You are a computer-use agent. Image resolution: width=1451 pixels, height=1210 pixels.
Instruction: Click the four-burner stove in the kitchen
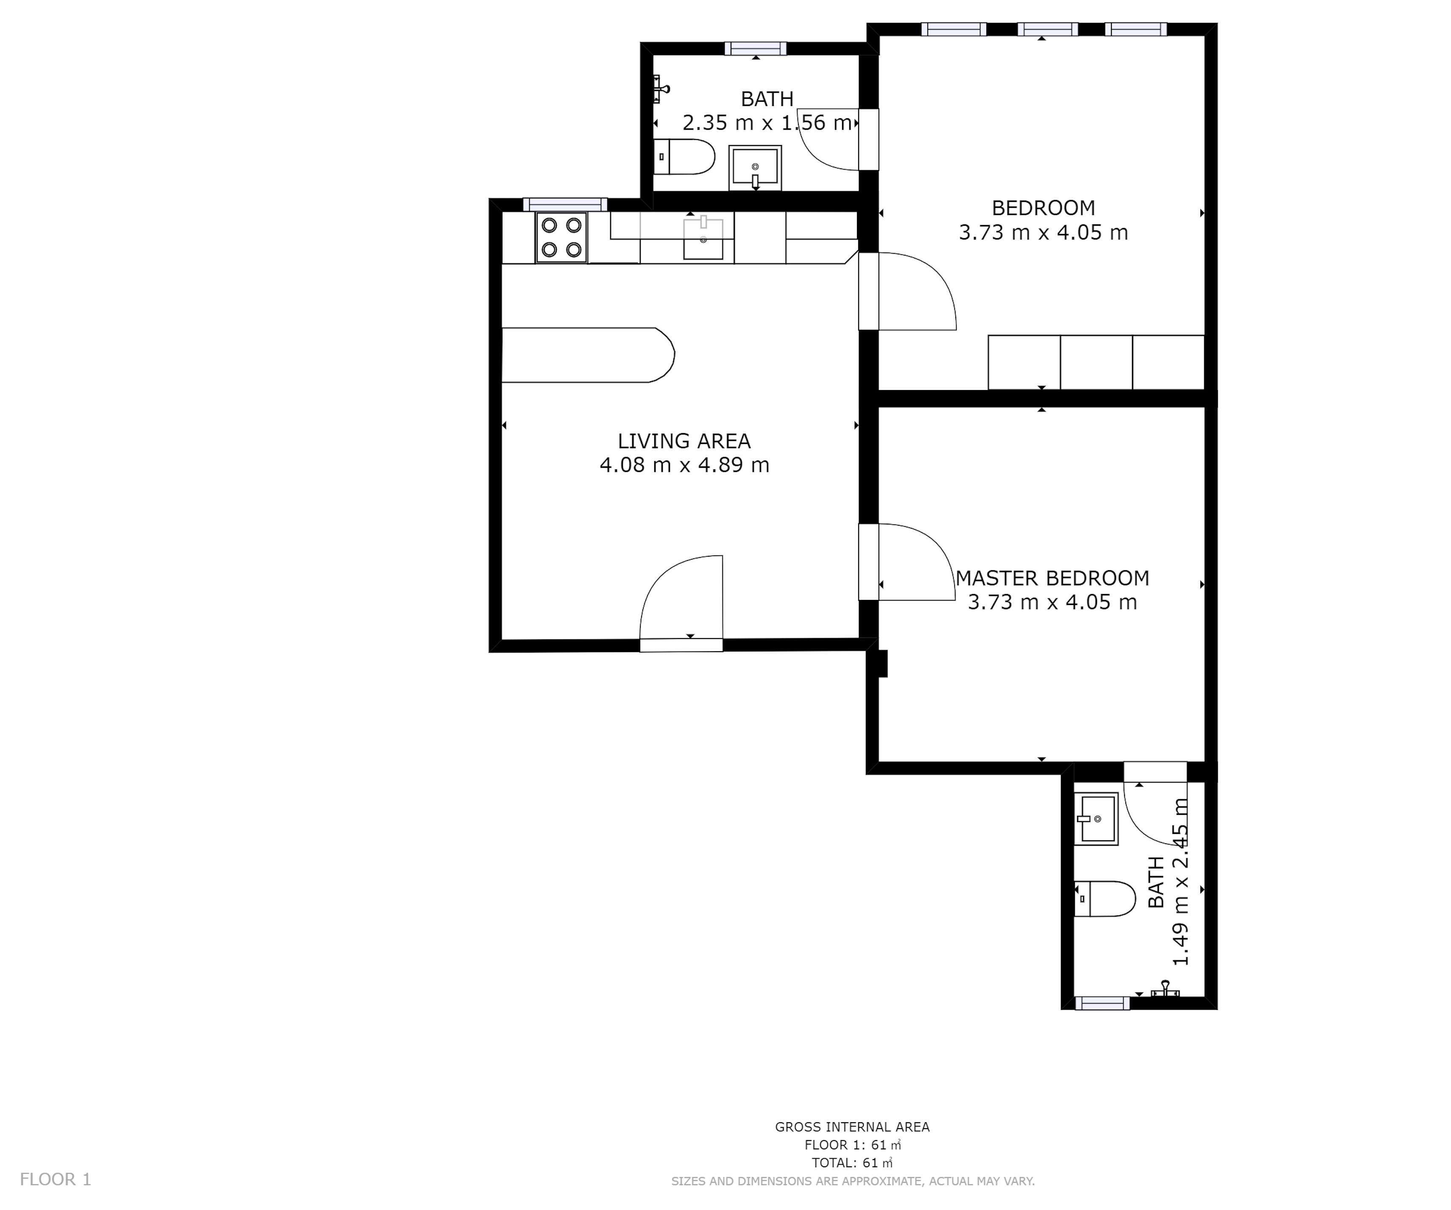coord(561,237)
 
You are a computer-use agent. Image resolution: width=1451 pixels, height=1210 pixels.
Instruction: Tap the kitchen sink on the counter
coord(703,238)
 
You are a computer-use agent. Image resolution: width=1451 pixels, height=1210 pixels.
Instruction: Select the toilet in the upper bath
coord(684,157)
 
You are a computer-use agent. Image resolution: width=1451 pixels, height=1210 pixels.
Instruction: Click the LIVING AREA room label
coord(684,441)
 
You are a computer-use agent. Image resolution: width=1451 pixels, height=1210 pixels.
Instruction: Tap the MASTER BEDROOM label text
coord(1052,578)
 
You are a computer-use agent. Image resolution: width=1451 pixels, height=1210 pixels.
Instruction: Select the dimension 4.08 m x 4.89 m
coord(684,465)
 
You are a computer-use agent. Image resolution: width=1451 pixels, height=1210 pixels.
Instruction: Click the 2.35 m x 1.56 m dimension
coord(767,123)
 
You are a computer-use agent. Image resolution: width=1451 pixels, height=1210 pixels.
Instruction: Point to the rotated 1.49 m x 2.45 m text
coord(1180,882)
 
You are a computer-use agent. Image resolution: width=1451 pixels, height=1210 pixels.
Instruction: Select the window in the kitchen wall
coord(564,204)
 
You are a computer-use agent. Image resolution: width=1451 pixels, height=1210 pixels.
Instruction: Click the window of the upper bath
coord(755,48)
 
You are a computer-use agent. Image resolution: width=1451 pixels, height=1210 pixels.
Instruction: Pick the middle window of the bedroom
coord(1047,29)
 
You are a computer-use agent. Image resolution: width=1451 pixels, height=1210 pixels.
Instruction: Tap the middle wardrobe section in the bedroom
coord(1096,363)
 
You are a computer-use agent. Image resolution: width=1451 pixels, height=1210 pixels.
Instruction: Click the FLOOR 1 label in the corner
coord(55,1179)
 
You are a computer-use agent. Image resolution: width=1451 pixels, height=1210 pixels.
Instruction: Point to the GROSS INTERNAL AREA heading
coord(852,1127)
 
